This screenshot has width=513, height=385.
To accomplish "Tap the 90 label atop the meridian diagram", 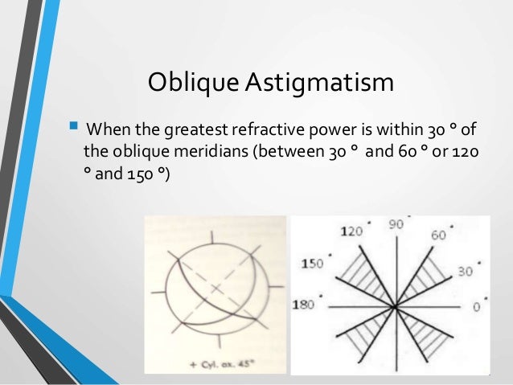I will coord(396,226).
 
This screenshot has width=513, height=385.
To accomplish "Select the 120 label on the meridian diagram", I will coord(351,231).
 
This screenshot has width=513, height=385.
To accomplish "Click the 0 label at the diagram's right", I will coord(474,306).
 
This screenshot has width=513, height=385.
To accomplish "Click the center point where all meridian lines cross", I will coord(395,306).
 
